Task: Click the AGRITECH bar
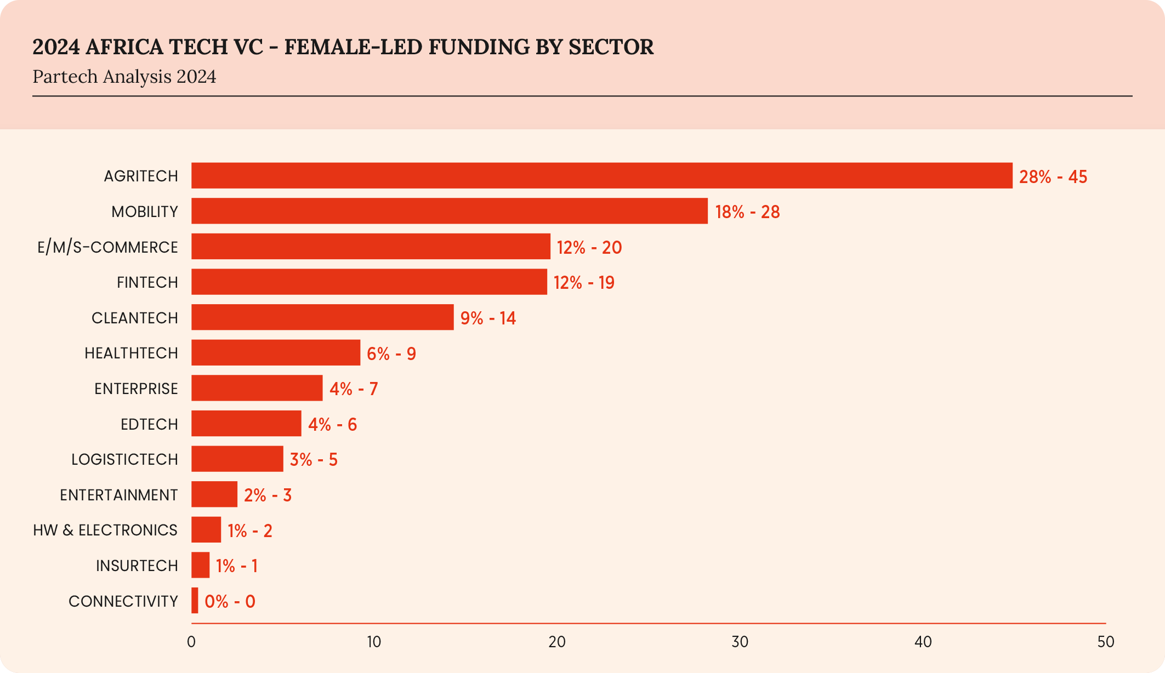pyautogui.click(x=601, y=175)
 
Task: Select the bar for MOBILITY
pyautogui.click(x=450, y=211)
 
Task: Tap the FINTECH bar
pyautogui.click(x=369, y=282)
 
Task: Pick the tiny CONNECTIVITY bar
pyautogui.click(x=195, y=601)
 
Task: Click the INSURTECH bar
pyautogui.click(x=200, y=565)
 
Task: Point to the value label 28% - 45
pyautogui.click(x=1053, y=176)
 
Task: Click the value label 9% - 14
pyautogui.click(x=488, y=318)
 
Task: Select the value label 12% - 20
pyautogui.click(x=589, y=247)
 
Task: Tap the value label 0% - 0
pyautogui.click(x=230, y=601)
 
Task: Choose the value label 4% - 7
pyautogui.click(x=354, y=389)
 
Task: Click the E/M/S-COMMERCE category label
pyautogui.click(x=107, y=247)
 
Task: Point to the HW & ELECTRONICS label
pyautogui.click(x=105, y=530)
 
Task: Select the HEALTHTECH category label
pyautogui.click(x=131, y=353)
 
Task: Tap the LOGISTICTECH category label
pyautogui.click(x=124, y=459)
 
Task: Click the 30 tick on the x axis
pyautogui.click(x=740, y=642)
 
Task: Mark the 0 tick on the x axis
pyautogui.click(x=191, y=642)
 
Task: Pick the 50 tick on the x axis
pyautogui.click(x=1105, y=642)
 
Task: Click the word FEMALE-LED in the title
pyautogui.click(x=353, y=47)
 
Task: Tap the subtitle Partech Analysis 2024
pyautogui.click(x=124, y=77)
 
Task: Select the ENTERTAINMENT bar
pyautogui.click(x=214, y=494)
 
